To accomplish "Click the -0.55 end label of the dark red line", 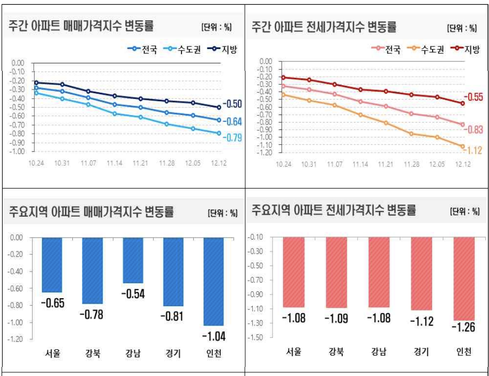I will (473, 97).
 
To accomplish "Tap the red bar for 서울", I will (293, 272).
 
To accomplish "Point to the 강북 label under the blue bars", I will (92, 354).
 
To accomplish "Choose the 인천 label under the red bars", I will (463, 352).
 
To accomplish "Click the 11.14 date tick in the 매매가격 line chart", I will (114, 164).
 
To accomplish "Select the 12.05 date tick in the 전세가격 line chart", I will (436, 164).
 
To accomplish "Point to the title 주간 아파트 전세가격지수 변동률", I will (324, 26).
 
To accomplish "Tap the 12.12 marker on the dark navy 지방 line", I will (219, 107).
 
